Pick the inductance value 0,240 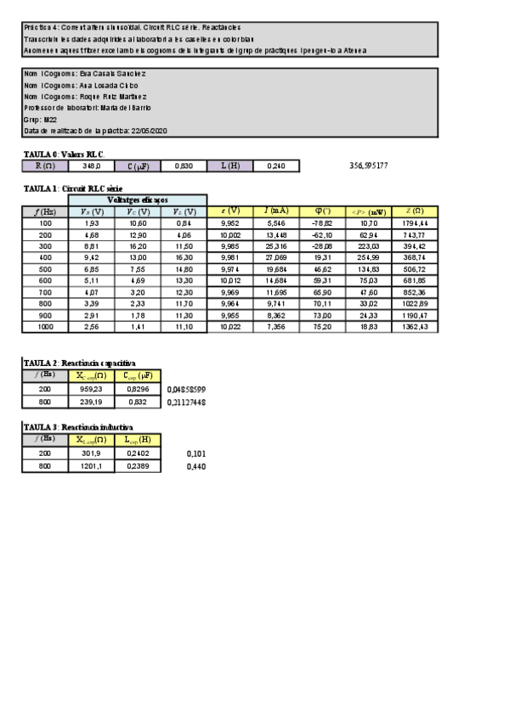(x=276, y=166)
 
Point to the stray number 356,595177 (x=369, y=166)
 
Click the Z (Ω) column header (x=415, y=211)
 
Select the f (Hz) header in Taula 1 (x=45, y=211)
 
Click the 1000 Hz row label (x=45, y=327)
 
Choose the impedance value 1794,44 (x=415, y=222)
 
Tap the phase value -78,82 (x=322, y=222)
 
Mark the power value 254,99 (x=368, y=257)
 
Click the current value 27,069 (x=276, y=257)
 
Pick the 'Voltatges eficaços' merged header (x=137, y=200)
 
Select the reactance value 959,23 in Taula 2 (x=91, y=390)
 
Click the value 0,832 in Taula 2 (x=137, y=402)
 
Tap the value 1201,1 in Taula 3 (x=91, y=465)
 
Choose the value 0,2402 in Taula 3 (x=137, y=454)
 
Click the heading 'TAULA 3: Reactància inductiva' (x=77, y=426)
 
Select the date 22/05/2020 (x=150, y=131)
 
